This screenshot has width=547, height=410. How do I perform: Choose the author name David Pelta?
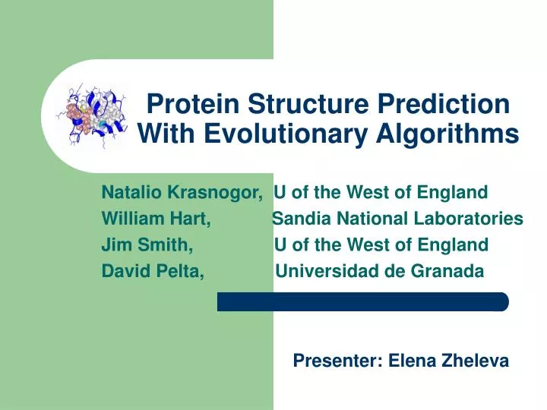(x=152, y=271)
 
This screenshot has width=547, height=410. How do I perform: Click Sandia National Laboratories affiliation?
(x=397, y=219)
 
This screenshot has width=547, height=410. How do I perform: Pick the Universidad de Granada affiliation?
(x=378, y=271)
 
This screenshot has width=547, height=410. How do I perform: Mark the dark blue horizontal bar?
(x=362, y=301)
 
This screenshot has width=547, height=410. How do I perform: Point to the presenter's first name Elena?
(x=410, y=362)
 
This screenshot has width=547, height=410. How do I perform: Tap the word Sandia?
(x=298, y=219)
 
